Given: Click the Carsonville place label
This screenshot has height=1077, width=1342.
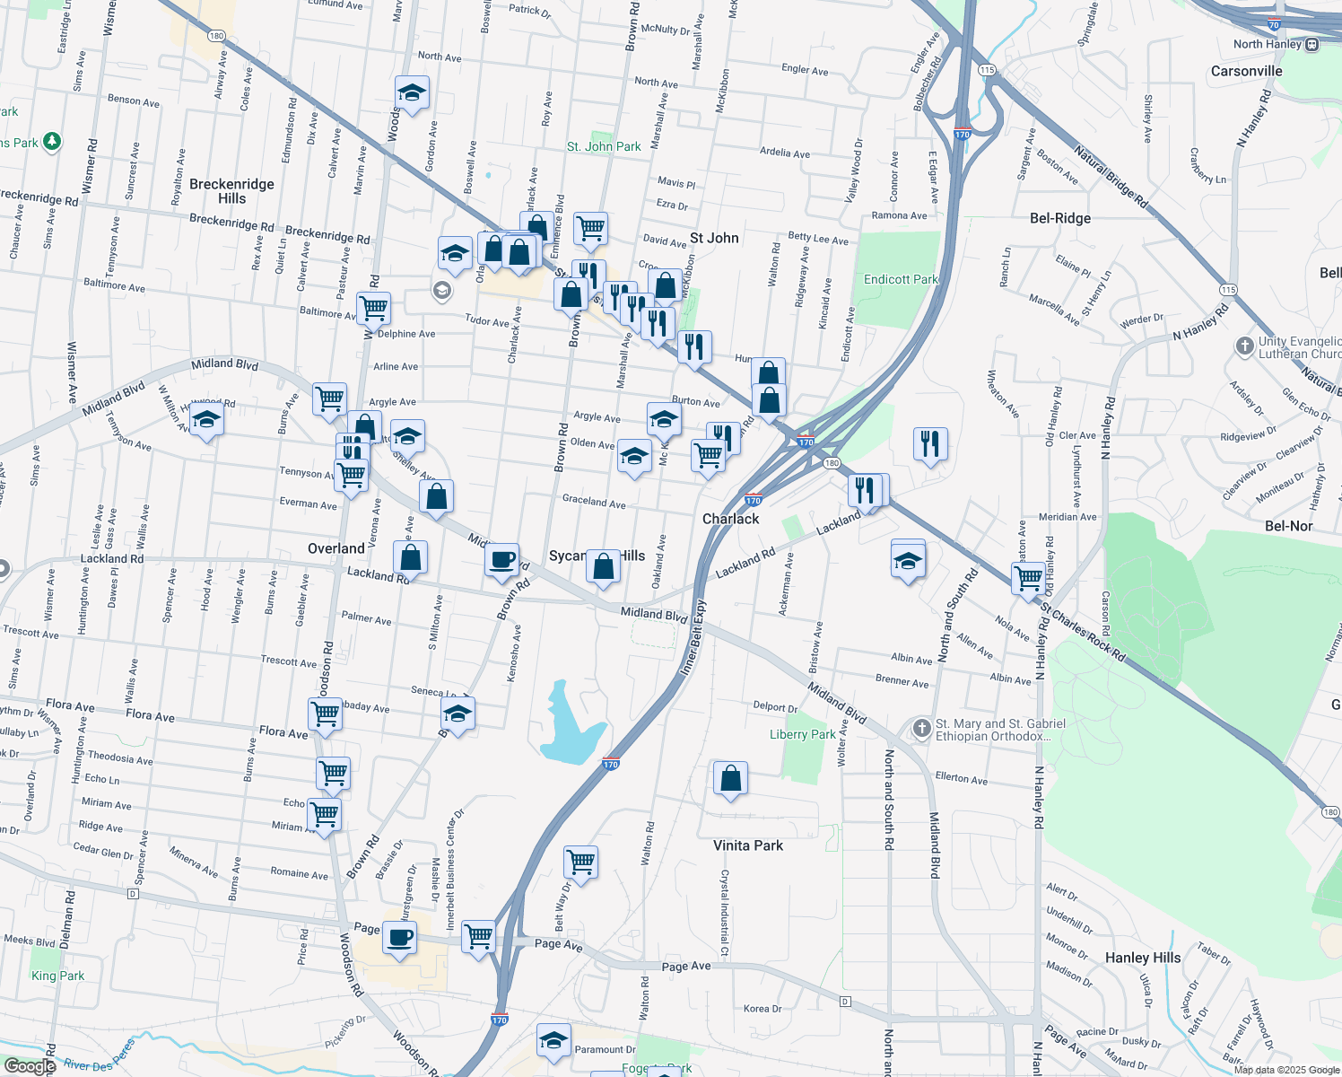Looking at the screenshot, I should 1246,71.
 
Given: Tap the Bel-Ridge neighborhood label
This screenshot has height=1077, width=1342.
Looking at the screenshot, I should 1060,218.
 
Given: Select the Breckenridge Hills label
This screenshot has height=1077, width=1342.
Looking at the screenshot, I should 231,191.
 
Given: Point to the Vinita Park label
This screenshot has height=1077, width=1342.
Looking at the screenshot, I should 748,845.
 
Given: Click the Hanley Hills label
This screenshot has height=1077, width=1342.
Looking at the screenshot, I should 1143,958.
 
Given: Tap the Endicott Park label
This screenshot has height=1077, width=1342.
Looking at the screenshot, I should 901,279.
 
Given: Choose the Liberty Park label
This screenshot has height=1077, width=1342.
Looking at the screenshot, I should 803,734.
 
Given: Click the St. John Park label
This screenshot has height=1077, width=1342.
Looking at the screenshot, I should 604,146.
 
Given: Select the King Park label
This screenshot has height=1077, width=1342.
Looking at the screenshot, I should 57,976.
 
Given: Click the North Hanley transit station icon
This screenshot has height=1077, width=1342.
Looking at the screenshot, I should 1312,44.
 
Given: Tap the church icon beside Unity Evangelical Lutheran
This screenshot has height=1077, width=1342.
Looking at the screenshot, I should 1244,346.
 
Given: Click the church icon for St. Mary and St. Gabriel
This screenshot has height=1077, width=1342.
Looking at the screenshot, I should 921,728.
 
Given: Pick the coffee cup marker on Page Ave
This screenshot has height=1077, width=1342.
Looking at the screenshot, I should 399,938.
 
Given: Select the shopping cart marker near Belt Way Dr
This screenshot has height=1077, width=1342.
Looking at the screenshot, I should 581,862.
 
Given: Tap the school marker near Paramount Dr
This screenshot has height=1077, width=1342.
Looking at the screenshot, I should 553,1040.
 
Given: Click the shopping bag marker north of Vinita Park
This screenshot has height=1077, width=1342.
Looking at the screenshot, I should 731,778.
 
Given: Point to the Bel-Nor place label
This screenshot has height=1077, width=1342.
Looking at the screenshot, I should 1288,526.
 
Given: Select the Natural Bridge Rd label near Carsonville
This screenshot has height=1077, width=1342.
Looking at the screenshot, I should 1111,177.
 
